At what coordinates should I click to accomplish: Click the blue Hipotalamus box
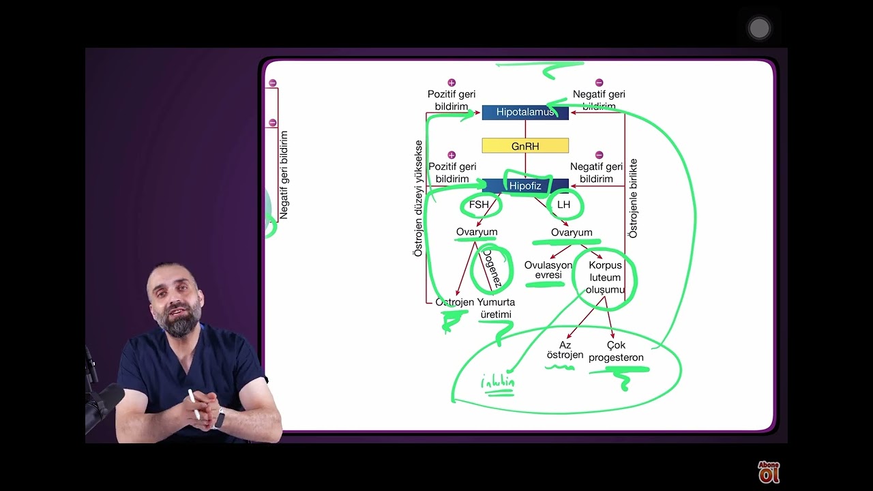[x=524, y=113]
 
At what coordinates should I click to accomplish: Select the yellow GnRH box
[x=524, y=146]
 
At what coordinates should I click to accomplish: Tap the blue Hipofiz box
[x=525, y=185]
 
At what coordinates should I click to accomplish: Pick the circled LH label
[x=563, y=205]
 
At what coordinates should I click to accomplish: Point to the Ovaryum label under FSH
[x=477, y=232]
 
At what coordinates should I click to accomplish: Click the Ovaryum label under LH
[x=572, y=233]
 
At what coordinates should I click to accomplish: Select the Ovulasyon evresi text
[x=548, y=270]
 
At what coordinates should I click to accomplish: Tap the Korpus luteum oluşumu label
[x=605, y=278]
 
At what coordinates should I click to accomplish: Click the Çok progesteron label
[x=616, y=351]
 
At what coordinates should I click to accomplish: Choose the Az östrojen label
[x=565, y=350]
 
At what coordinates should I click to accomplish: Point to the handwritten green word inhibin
[x=498, y=383]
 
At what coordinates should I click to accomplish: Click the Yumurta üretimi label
[x=496, y=308]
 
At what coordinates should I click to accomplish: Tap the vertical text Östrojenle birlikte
[x=633, y=198]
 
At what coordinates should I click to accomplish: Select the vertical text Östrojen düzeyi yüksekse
[x=418, y=198]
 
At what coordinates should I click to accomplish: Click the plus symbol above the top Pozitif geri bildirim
[x=452, y=83]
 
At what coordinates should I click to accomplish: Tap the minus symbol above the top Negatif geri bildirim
[x=599, y=83]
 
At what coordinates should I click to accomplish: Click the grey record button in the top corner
[x=759, y=29]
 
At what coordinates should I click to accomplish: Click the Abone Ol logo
[x=769, y=471]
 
